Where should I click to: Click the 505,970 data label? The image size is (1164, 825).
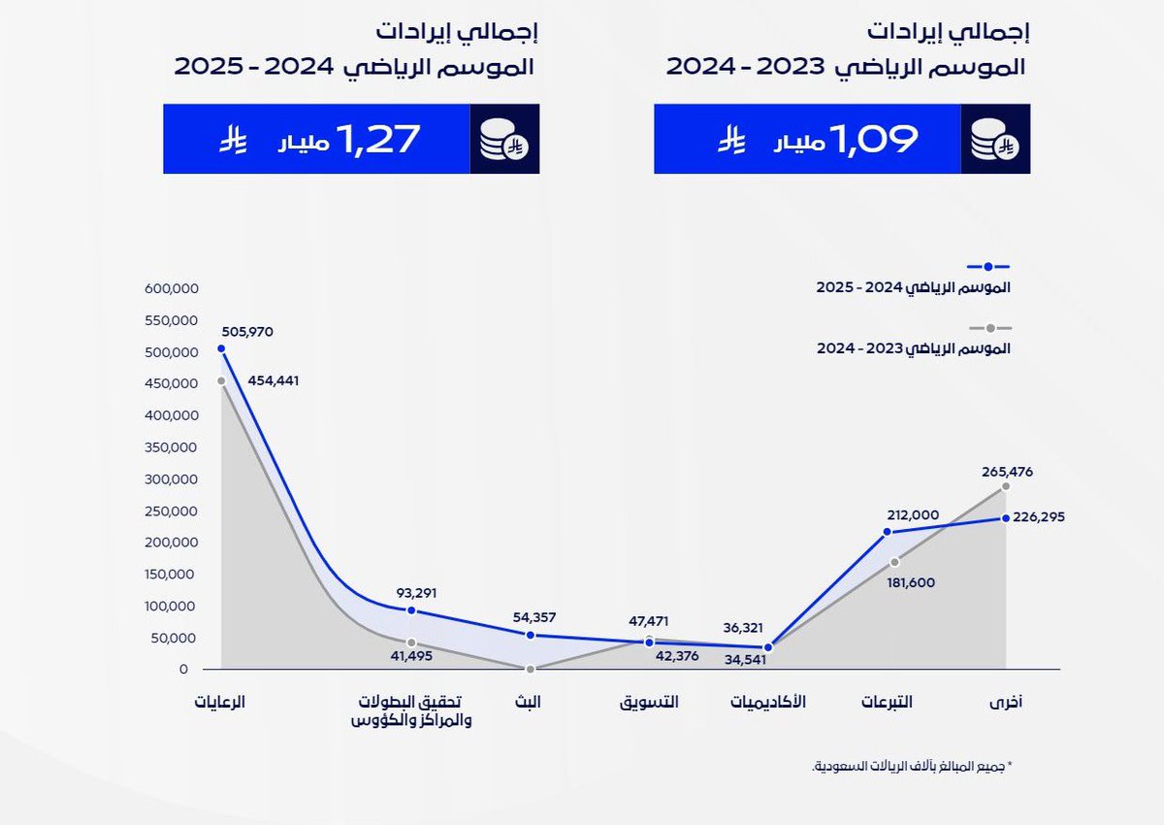coord(247,331)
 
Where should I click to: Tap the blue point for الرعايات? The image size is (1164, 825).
coord(221,348)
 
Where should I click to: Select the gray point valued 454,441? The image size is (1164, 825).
coord(221,380)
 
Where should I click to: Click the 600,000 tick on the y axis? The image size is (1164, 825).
coord(171,288)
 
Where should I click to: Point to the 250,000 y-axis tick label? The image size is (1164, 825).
coord(171,511)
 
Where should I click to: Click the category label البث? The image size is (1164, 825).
coord(529,701)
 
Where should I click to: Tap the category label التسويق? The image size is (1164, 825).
coord(649,701)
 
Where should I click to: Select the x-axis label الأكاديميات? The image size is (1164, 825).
coord(768,701)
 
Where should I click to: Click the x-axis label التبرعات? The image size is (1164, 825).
coord(887,701)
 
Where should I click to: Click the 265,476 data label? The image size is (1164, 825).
coord(1007,472)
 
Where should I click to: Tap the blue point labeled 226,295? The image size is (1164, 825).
coord(1006,517)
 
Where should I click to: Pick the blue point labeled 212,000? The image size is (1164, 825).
coord(887,532)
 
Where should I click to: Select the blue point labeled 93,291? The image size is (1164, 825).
coord(411,610)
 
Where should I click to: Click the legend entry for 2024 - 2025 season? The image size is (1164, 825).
coord(913,287)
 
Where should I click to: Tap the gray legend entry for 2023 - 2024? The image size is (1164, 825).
coord(913,347)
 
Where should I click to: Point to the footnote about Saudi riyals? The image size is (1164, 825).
coord(911,766)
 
